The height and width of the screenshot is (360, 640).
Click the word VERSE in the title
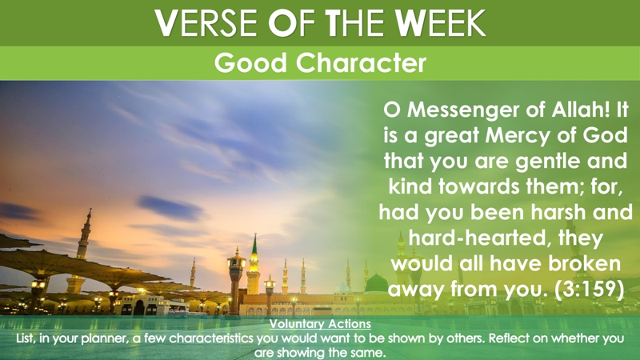(206, 23)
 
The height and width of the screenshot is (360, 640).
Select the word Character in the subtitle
(361, 63)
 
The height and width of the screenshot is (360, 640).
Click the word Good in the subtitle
(250, 63)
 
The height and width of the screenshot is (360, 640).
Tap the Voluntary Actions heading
(320, 324)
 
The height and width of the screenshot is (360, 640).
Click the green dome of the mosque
(376, 283)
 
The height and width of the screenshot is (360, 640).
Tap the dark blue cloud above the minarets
(170, 208)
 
